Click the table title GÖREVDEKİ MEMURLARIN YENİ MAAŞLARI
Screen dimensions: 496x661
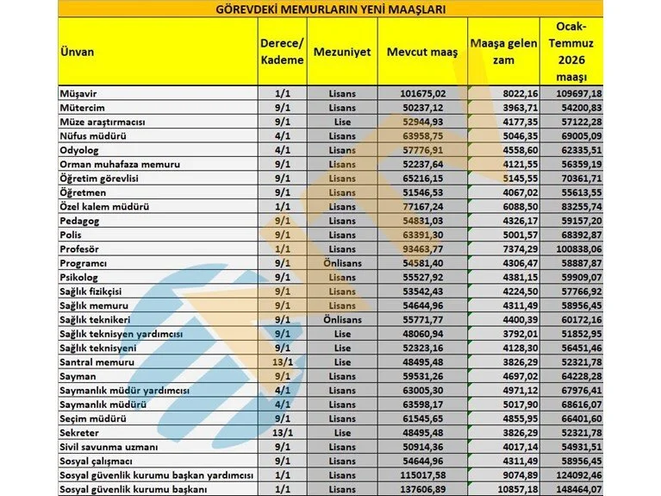point(330,9)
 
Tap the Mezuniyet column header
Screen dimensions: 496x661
point(341,52)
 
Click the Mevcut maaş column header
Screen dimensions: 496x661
point(422,52)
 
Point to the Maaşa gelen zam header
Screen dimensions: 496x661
point(504,51)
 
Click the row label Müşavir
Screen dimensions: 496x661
point(76,92)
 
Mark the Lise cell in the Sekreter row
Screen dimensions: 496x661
point(341,433)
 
